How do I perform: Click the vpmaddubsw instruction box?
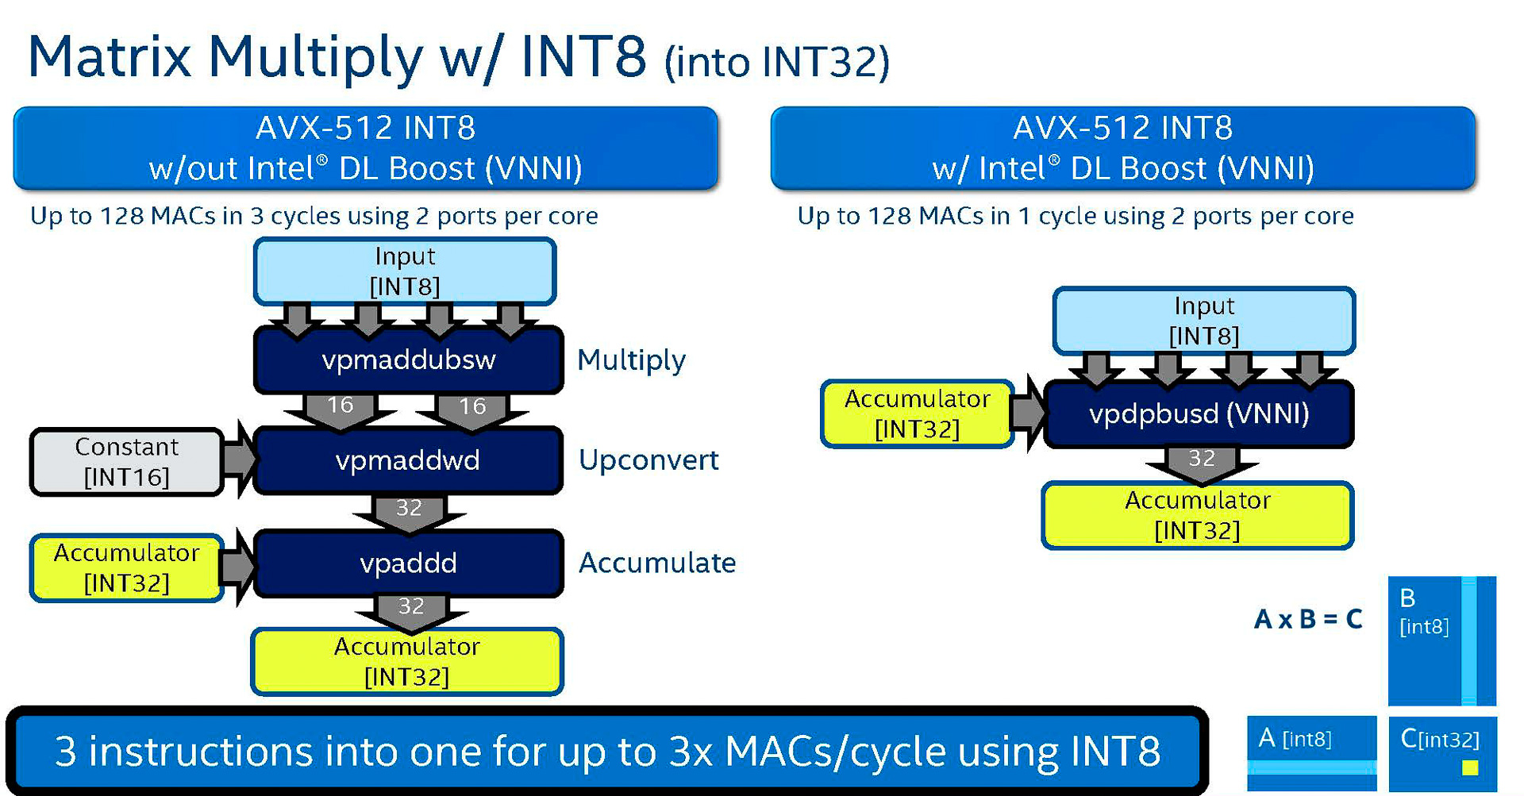point(408,360)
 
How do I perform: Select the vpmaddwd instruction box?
point(408,460)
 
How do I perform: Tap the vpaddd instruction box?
point(408,563)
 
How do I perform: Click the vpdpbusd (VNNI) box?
point(1199,413)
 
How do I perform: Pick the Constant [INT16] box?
point(126,461)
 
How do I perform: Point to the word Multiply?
point(631,360)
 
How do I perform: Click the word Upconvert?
point(648,460)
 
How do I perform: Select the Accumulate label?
point(657,563)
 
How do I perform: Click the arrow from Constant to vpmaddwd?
point(239,460)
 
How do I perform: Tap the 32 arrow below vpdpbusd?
point(1201,462)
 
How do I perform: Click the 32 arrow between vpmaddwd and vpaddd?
point(409,511)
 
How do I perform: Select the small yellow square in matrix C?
point(1470,767)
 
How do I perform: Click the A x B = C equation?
point(1308,619)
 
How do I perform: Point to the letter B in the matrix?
point(1407,598)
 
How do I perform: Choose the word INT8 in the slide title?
point(583,57)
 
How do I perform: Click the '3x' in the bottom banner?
point(691,751)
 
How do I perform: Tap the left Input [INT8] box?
point(405,271)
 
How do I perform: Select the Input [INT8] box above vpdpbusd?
point(1203,321)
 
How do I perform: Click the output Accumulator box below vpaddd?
point(406,661)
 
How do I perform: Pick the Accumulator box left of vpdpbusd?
point(917,413)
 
